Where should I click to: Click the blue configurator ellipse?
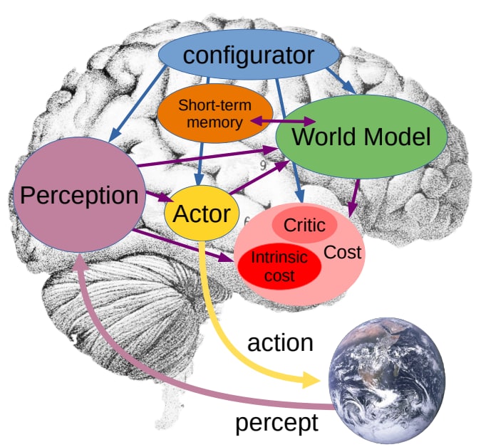(x=249, y=54)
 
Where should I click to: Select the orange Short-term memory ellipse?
(x=215, y=113)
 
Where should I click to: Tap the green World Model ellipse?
(x=361, y=137)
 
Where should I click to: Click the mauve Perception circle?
(x=79, y=194)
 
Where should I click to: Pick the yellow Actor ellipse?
(x=202, y=214)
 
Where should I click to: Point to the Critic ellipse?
(x=304, y=225)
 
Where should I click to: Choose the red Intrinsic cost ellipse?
(x=279, y=266)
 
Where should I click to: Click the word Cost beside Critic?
(x=343, y=253)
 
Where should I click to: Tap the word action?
(x=280, y=343)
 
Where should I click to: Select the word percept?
(x=277, y=423)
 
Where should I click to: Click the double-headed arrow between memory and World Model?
(x=283, y=121)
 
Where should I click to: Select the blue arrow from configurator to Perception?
(x=138, y=104)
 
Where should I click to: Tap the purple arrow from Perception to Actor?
(x=160, y=196)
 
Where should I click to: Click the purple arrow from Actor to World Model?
(x=259, y=177)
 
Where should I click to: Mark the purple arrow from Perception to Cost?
(x=183, y=246)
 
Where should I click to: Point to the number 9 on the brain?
(x=263, y=166)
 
